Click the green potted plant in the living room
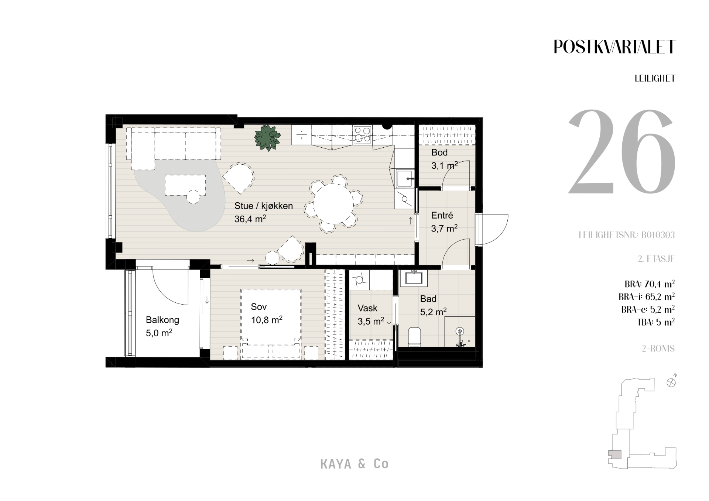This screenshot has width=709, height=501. [x=267, y=138]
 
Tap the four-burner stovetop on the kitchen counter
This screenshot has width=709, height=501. [x=362, y=134]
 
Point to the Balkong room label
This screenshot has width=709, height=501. [x=162, y=320]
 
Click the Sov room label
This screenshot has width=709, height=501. [x=258, y=306]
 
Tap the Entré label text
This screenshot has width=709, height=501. [x=442, y=215]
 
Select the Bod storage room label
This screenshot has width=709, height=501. [x=439, y=152]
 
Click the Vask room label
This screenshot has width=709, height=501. [x=367, y=308]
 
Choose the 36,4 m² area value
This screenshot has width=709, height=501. [x=250, y=219]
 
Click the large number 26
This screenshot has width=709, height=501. [x=621, y=152]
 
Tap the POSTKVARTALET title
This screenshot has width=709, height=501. [x=615, y=47]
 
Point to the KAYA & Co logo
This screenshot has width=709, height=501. [x=354, y=464]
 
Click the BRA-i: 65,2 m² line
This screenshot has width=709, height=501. [x=647, y=297]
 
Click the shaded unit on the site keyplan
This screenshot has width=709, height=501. [x=615, y=455]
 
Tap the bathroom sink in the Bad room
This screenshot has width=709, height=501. [x=414, y=278]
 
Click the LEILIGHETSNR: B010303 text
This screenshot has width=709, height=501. [x=627, y=235]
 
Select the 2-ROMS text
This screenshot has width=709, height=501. [x=658, y=349]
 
